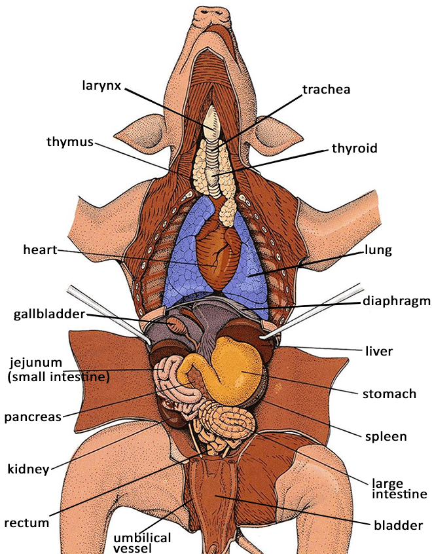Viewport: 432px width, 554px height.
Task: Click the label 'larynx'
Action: click(101, 85)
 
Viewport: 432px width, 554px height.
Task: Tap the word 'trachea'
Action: click(326, 89)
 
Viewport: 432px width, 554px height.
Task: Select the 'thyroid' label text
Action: click(355, 148)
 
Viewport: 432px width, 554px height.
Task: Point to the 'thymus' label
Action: click(69, 141)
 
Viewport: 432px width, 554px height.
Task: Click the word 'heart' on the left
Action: click(40, 249)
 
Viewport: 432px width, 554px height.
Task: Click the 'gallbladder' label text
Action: click(49, 314)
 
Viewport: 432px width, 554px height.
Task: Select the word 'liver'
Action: click(378, 351)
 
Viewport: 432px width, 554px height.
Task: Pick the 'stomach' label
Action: click(389, 394)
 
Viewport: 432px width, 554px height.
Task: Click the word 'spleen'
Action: click(386, 435)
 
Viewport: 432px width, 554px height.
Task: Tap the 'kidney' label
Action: click(27, 469)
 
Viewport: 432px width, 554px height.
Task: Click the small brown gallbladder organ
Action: click(177, 324)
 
